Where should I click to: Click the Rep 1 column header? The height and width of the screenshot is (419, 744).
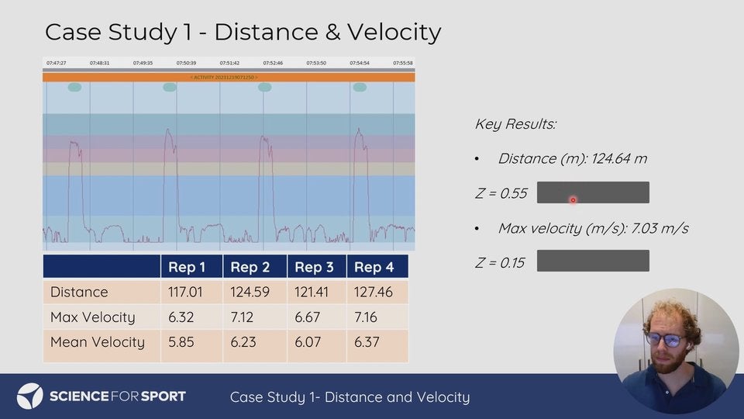187,267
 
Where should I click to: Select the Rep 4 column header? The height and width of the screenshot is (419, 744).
374,267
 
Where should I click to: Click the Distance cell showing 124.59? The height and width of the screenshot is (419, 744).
250,293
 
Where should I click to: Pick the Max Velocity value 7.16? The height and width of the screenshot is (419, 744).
367,317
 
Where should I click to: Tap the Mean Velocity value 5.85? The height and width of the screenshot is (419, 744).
182,342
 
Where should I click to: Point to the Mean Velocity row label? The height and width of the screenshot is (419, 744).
97,342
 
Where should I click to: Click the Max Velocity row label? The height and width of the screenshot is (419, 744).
92,317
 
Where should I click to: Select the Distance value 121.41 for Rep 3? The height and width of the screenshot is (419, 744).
312,293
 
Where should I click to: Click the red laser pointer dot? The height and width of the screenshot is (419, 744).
573,200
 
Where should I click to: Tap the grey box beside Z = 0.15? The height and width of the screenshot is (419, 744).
593,261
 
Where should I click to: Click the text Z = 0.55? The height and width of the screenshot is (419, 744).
500,193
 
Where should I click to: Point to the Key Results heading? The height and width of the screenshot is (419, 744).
515,124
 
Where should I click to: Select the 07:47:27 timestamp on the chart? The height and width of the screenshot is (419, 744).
56,63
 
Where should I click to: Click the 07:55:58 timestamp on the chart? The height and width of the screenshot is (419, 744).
403,63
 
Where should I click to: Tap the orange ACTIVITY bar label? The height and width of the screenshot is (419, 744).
229,78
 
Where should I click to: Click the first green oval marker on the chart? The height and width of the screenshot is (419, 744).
74,88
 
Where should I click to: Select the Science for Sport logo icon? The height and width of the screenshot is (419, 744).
29,396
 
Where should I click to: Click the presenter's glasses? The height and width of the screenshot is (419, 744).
665,340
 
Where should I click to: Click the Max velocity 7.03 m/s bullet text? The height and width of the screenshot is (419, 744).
593,228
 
